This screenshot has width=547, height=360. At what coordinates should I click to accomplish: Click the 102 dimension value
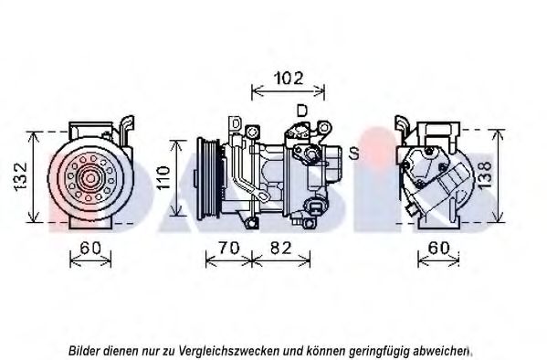(289, 79)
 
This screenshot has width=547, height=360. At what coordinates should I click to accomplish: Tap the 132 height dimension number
(21, 175)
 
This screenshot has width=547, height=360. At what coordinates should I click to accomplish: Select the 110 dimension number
(163, 178)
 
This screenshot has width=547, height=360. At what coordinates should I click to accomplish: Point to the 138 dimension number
(485, 175)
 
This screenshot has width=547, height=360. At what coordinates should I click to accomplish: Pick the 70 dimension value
(229, 248)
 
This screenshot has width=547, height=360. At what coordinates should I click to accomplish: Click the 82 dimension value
(280, 248)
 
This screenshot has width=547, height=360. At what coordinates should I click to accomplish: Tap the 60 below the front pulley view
(90, 248)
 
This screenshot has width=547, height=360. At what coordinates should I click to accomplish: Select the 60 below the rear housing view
(438, 248)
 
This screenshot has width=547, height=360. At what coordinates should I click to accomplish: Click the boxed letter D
(236, 124)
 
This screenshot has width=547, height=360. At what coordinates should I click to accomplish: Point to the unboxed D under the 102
(301, 111)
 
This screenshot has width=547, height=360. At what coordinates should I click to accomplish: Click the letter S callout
(353, 154)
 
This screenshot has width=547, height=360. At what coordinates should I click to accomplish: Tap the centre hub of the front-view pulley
(90, 178)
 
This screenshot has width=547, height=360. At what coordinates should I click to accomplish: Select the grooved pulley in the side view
(208, 178)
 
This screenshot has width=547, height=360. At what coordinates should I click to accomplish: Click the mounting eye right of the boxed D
(252, 132)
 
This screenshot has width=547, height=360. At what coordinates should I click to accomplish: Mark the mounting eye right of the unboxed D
(324, 127)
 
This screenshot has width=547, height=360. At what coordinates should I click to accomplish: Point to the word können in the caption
(321, 350)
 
